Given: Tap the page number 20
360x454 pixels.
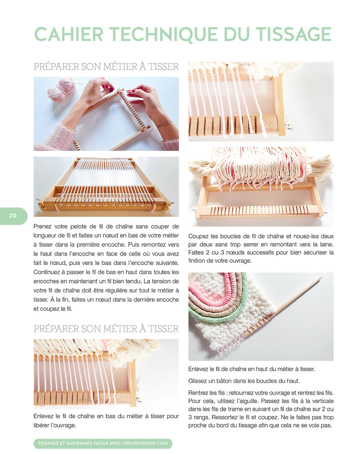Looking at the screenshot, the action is click(13, 216).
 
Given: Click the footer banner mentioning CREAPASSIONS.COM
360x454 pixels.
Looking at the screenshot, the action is click(103, 443).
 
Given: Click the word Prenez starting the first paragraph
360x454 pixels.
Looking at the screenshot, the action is click(44, 226).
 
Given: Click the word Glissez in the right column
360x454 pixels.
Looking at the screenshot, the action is click(198, 381).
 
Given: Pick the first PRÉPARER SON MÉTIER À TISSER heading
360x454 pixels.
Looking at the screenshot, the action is click(106, 67).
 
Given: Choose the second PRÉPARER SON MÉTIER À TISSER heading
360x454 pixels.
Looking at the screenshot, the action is click(106, 328).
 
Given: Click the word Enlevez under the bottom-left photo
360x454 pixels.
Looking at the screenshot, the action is click(44, 416).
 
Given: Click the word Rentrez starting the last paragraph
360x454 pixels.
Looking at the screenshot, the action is click(198, 393).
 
